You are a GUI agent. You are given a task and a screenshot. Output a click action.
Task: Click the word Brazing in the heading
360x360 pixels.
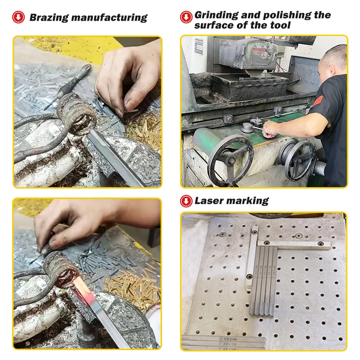[x=49, y=18]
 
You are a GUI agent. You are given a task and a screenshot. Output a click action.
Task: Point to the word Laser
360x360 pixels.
[x=209, y=201]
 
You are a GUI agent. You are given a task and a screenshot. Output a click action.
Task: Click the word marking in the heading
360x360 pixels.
[x=247, y=201]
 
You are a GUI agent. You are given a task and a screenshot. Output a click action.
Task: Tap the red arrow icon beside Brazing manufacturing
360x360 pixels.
[x=18, y=17]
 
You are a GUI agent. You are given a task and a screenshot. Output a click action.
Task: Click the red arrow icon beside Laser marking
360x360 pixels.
[x=186, y=201]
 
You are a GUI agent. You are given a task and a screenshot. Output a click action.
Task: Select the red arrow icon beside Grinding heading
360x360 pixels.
[x=186, y=17]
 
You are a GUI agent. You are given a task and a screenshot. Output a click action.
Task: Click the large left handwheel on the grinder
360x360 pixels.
[x=231, y=160]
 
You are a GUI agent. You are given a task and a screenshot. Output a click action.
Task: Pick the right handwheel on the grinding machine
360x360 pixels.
[x=299, y=161]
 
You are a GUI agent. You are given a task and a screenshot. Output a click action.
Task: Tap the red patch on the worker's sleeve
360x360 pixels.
[x=318, y=100]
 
